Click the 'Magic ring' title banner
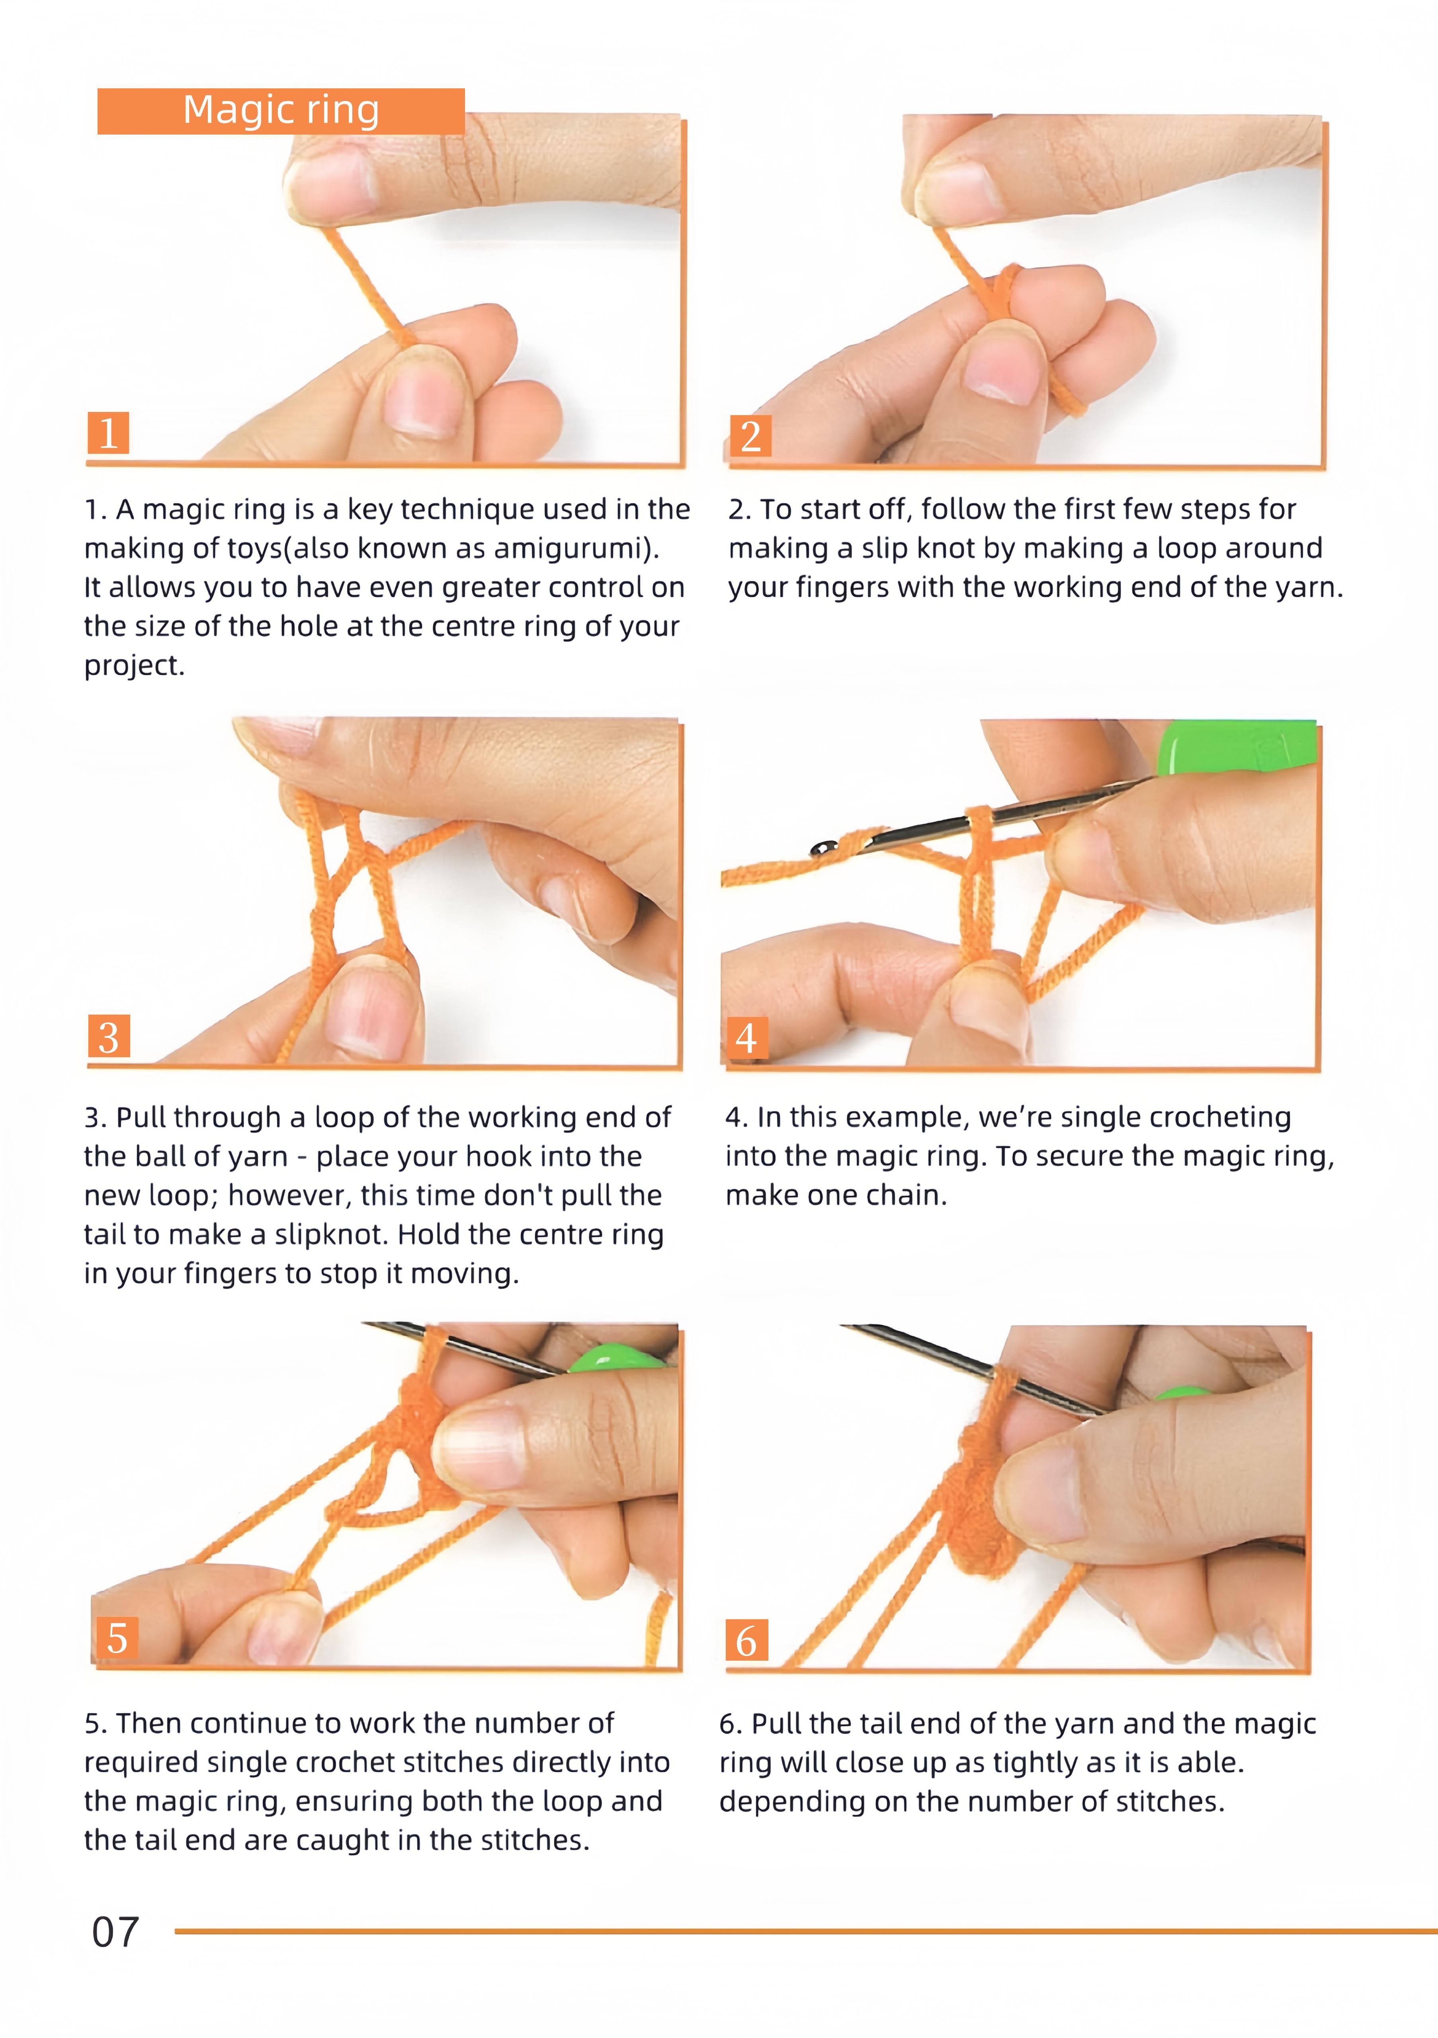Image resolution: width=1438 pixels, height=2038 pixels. coord(281,111)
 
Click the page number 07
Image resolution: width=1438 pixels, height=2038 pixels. coord(115,1933)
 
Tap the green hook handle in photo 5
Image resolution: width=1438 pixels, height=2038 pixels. coord(617,1358)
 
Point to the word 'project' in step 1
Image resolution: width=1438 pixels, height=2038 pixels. coord(131,666)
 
